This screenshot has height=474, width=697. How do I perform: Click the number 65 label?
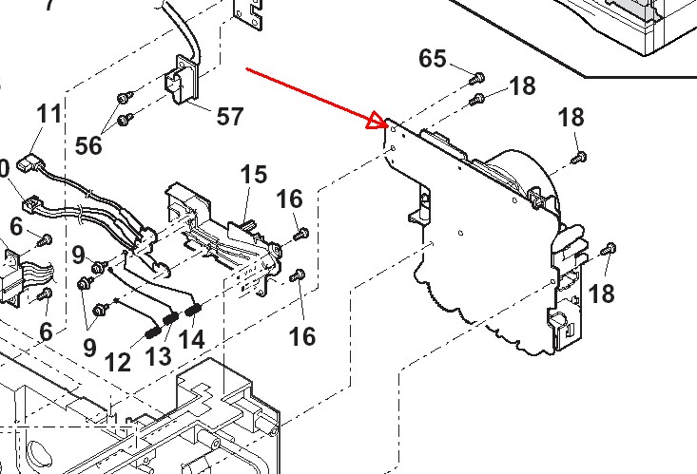(433, 59)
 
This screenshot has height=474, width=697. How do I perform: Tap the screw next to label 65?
(478, 76)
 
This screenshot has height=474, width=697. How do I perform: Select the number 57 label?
(230, 117)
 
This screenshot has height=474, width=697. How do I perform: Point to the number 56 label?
(88, 145)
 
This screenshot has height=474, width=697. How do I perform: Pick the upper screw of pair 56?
(124, 98)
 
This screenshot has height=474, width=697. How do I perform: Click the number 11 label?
(49, 114)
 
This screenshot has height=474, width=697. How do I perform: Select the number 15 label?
(254, 175)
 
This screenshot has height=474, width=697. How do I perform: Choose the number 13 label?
(158, 356)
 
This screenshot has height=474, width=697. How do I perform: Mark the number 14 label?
(192, 337)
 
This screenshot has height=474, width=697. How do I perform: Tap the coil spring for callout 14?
(194, 309)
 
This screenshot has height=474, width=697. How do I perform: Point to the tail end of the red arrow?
(246, 68)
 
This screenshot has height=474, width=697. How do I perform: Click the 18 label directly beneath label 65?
(522, 86)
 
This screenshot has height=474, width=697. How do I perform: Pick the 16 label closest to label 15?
(290, 199)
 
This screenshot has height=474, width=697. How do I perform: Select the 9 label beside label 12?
(89, 347)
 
